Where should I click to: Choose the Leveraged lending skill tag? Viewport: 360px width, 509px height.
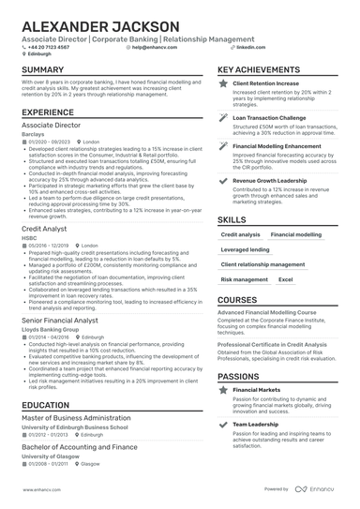point(245,250)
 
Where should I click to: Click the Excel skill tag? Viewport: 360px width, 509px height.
point(286,279)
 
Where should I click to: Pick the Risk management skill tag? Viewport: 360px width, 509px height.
point(245,279)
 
